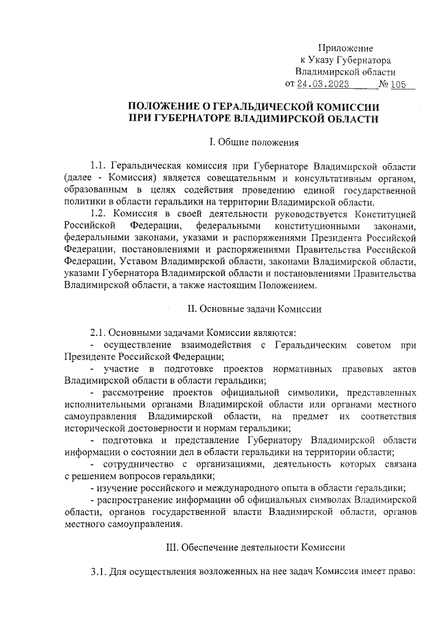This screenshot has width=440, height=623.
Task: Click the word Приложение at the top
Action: [345, 48]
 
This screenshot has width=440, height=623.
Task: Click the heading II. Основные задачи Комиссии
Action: [254, 309]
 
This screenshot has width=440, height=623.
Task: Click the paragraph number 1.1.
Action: [100, 167]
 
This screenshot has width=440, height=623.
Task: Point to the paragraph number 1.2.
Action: [100, 214]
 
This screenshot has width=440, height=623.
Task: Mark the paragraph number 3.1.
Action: [100, 571]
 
